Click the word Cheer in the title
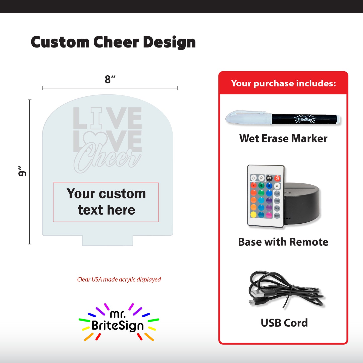(x=116, y=42)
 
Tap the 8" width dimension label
(x=110, y=80)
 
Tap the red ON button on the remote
(x=277, y=178)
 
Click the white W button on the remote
(x=277, y=186)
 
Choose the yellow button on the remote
(x=253, y=215)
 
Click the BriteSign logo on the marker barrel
(x=305, y=119)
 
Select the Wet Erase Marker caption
(x=283, y=138)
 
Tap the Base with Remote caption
(x=283, y=242)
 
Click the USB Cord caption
(x=284, y=323)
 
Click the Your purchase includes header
(x=283, y=83)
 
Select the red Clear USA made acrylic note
(x=119, y=279)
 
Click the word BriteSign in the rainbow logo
(x=118, y=326)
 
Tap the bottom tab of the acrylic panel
(x=108, y=241)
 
